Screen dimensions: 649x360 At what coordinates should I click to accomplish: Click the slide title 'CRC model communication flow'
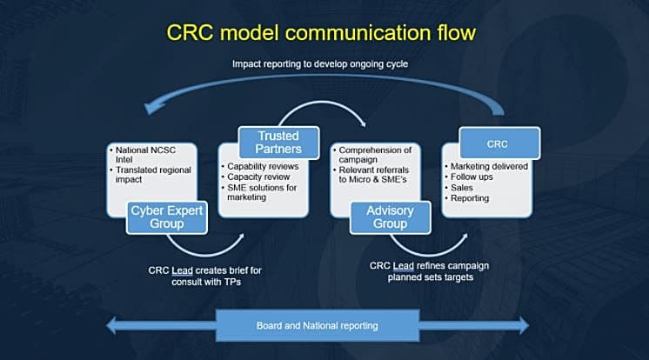(321, 33)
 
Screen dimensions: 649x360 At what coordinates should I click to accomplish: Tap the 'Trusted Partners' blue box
(278, 143)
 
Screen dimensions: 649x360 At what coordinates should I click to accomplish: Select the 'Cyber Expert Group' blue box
(167, 217)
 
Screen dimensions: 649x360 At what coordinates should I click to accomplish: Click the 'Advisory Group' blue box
(390, 217)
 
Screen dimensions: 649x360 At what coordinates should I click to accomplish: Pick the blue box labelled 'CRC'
(499, 143)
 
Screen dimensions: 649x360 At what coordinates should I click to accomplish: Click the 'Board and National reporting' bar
(318, 326)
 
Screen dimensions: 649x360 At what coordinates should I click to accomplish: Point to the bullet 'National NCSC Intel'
(143, 154)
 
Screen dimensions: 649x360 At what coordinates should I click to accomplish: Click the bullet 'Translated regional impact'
(151, 175)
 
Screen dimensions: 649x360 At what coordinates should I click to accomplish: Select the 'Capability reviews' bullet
(260, 166)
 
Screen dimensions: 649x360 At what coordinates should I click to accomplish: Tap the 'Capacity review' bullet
(256, 177)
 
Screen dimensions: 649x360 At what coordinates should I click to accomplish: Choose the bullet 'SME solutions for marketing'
(259, 192)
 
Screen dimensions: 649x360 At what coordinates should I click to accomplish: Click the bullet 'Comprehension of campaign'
(372, 154)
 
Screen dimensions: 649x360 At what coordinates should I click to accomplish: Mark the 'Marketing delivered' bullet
(486, 166)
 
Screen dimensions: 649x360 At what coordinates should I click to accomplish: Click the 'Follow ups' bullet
(469, 177)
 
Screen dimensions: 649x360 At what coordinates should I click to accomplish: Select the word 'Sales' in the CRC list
(461, 188)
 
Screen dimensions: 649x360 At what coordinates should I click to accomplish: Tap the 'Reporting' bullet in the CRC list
(467, 198)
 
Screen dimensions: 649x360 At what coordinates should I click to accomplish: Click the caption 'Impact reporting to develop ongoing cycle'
(320, 64)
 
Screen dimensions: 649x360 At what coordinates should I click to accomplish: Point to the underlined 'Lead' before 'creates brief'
(182, 270)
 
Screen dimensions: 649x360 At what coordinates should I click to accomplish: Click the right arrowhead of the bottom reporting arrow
(524, 325)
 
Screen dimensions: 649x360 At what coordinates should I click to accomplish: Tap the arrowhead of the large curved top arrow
(152, 108)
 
